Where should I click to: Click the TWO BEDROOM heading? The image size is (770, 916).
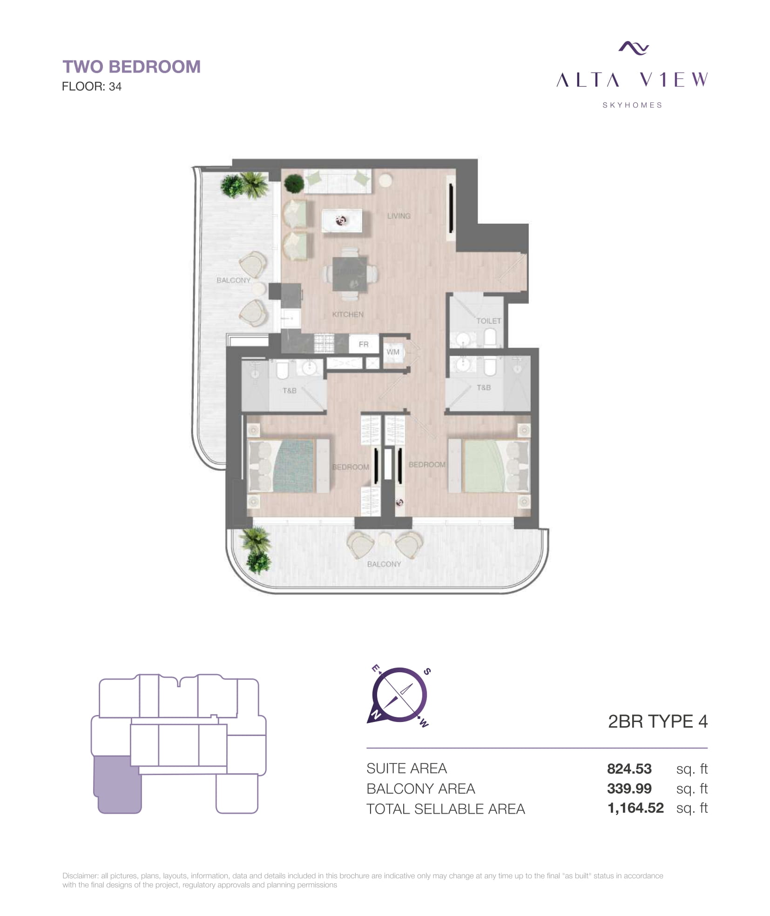pos(132,67)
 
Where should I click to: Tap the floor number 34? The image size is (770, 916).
pos(115,87)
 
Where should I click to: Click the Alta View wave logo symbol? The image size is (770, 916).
pos(633,47)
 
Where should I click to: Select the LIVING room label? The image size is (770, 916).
pos(399,216)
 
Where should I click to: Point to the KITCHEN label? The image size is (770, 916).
pos(348,314)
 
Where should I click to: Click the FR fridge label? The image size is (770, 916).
pos(364,344)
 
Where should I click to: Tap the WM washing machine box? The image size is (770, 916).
pos(393,352)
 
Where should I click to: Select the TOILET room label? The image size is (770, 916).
pos(488,321)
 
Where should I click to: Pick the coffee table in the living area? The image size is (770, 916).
pos(342,221)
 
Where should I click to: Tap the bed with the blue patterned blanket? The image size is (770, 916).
pos(289,466)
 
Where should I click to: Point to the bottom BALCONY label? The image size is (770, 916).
pos(384,564)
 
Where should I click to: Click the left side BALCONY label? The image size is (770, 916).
pos(233,280)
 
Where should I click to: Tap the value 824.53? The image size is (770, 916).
pos(629,769)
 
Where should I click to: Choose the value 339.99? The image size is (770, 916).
pos(629,789)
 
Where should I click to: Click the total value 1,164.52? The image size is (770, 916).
pos(635,808)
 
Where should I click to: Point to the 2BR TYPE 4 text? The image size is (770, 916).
pos(658,721)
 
